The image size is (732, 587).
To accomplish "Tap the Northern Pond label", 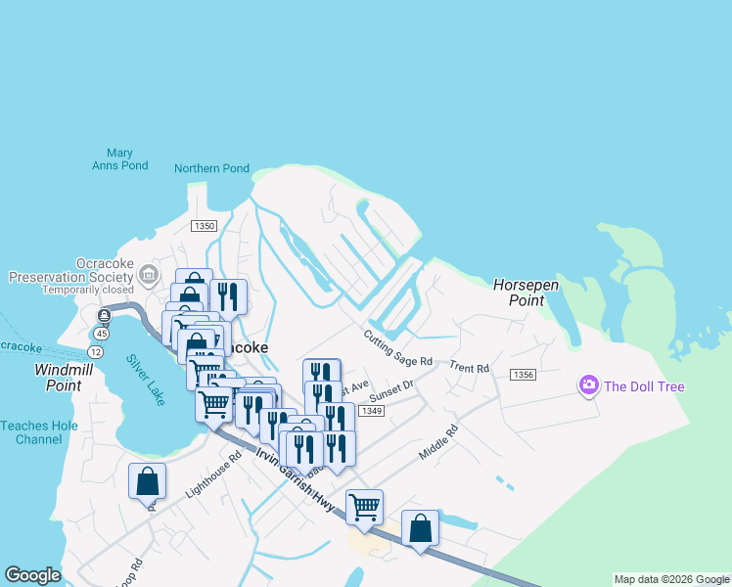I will (211, 168).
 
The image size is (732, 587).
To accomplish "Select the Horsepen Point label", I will (526, 293).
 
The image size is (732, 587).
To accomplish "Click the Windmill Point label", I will (71, 378).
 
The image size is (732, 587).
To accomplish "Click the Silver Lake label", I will (146, 373).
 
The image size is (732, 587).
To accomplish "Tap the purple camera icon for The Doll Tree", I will (589, 385).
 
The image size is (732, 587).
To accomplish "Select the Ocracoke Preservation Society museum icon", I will (149, 273).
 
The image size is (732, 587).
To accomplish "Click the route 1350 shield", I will (204, 226).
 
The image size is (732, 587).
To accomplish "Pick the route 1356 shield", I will (524, 375).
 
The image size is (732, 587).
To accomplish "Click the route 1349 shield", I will (370, 411).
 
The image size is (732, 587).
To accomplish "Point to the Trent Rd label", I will (470, 368).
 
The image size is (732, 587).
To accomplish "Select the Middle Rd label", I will (437, 443).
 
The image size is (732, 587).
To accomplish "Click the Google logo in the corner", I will (32, 575).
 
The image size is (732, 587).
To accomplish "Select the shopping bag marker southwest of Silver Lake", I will (147, 481).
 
